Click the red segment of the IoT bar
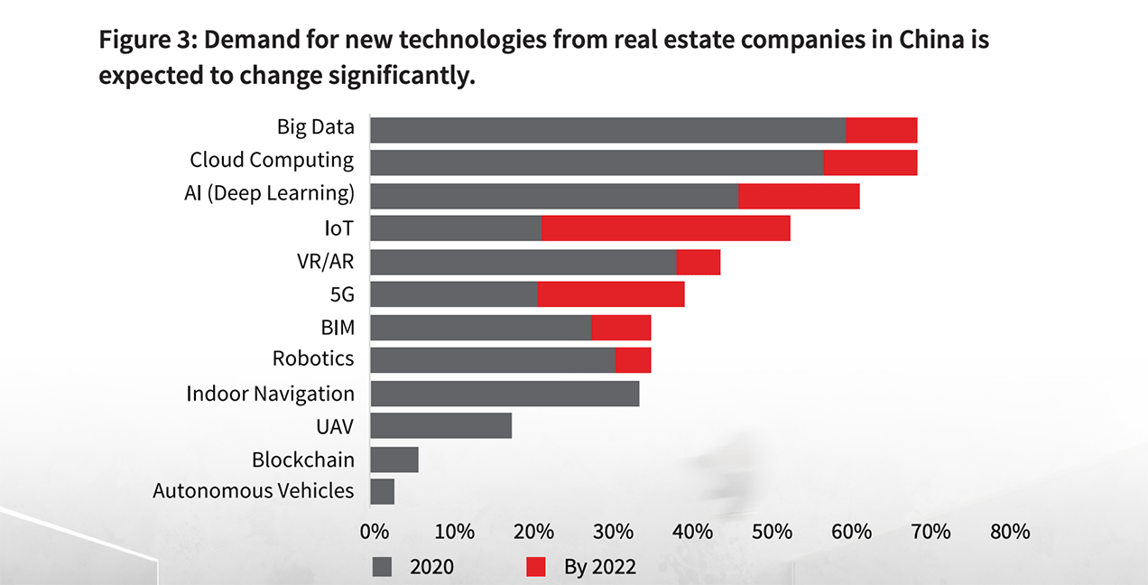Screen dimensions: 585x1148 [665, 228]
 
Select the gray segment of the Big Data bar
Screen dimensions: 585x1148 [607, 130]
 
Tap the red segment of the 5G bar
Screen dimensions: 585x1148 [610, 294]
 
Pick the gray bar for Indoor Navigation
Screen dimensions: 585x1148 [505, 394]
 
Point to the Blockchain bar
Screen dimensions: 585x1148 [394, 460]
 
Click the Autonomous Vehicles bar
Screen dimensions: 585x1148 [383, 491]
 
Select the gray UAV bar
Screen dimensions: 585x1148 [441, 426]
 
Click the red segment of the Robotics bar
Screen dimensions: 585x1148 [633, 360]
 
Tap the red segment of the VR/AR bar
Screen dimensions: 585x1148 [698, 262]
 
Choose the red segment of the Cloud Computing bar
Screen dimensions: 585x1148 [870, 162]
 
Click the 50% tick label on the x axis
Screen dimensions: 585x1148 [773, 531]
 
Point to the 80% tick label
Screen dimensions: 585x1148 [1010, 531]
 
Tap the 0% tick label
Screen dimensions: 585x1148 [375, 531]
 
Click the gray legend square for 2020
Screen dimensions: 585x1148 [383, 567]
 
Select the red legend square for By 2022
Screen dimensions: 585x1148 [536, 567]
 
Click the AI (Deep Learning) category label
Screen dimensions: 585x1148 [269, 193]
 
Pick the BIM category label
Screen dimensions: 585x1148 [338, 327]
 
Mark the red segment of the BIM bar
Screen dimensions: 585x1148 [621, 328]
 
